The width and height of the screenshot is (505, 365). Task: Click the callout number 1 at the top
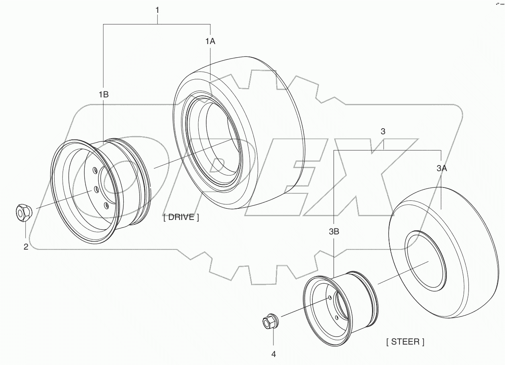pyautogui.click(x=157, y=10)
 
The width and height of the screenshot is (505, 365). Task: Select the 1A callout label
pyautogui.click(x=211, y=41)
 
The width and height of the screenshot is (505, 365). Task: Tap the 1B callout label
pyautogui.click(x=104, y=95)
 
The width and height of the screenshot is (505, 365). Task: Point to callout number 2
pyautogui.click(x=26, y=247)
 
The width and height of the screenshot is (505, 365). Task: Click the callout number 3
pyautogui.click(x=383, y=131)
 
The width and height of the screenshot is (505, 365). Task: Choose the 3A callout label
pyautogui.click(x=442, y=169)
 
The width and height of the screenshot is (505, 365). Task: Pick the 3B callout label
pyautogui.click(x=334, y=232)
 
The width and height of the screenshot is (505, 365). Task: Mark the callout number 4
pyautogui.click(x=274, y=354)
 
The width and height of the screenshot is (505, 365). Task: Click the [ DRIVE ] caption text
pyautogui.click(x=181, y=218)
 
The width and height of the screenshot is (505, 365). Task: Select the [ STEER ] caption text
pyautogui.click(x=405, y=342)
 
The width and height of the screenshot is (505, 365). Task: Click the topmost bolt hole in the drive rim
pyautogui.click(x=95, y=171)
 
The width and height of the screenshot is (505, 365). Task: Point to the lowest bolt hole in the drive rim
pyautogui.click(x=106, y=205)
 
